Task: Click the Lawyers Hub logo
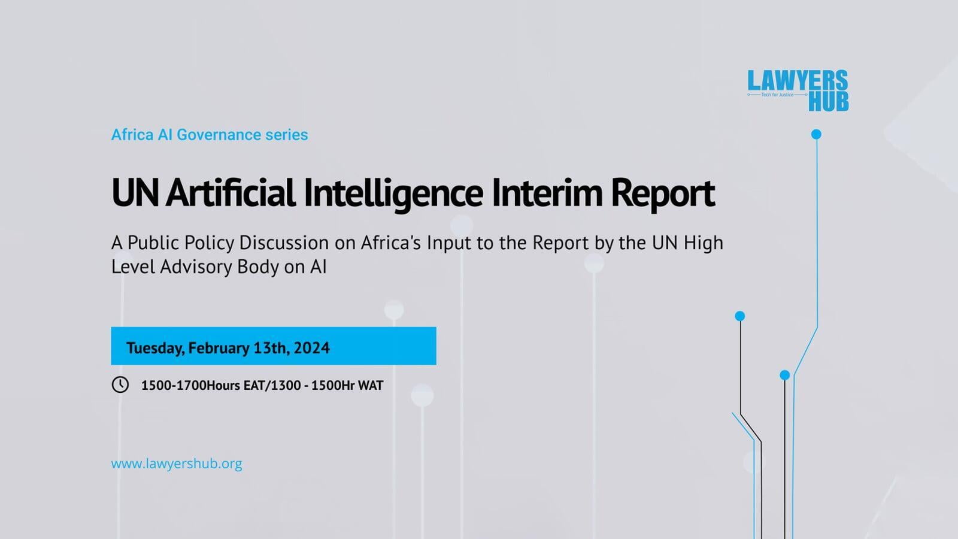tap(798, 90)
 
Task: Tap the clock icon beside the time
tap(120, 384)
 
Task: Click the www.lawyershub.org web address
tap(177, 464)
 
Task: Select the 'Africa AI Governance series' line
tap(210, 135)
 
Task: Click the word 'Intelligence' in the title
tap(393, 193)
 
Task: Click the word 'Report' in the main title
tap(662, 193)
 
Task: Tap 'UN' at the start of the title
tap(135, 193)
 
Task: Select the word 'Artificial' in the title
tap(231, 193)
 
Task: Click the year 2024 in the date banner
tap(311, 348)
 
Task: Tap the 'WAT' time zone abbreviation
tap(371, 386)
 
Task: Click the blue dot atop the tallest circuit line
tap(816, 134)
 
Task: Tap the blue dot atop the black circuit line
tap(740, 316)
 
